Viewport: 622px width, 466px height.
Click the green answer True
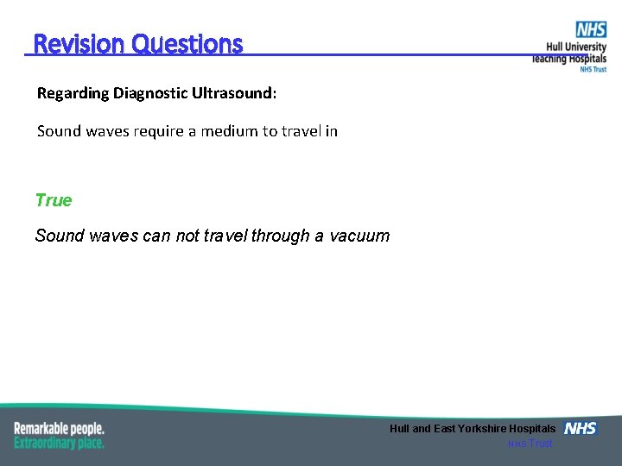click(x=54, y=200)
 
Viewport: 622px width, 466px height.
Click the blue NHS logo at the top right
click(x=591, y=30)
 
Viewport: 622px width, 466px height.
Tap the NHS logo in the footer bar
click(x=580, y=429)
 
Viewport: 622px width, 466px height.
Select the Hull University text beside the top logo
click(x=575, y=47)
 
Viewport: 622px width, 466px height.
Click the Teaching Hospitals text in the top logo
click(x=569, y=58)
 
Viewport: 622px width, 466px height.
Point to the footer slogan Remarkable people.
click(x=59, y=428)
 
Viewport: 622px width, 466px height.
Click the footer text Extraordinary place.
click(x=59, y=443)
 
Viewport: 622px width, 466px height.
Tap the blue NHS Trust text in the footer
click(x=530, y=444)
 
